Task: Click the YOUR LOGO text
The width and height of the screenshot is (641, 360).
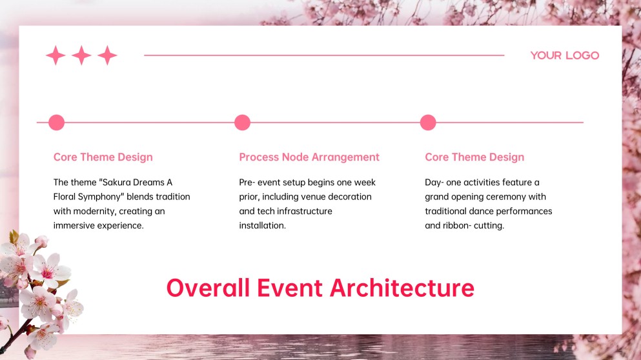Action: pos(564,55)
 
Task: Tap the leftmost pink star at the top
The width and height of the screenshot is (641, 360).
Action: pos(56,55)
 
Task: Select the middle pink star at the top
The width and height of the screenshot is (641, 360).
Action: pos(81,55)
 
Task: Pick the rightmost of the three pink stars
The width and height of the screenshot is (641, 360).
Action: pos(107,55)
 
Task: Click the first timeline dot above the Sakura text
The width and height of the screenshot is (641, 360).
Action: pos(57,123)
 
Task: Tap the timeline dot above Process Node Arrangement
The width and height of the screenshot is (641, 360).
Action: pos(242,123)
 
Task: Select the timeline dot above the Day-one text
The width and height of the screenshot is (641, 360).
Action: pos(428,123)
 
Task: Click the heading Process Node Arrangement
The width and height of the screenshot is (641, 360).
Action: pos(309,157)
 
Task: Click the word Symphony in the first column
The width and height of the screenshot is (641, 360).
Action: pos(99,197)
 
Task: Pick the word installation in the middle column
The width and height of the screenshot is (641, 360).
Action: pos(262,225)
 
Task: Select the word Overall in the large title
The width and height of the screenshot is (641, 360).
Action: pos(208,288)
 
